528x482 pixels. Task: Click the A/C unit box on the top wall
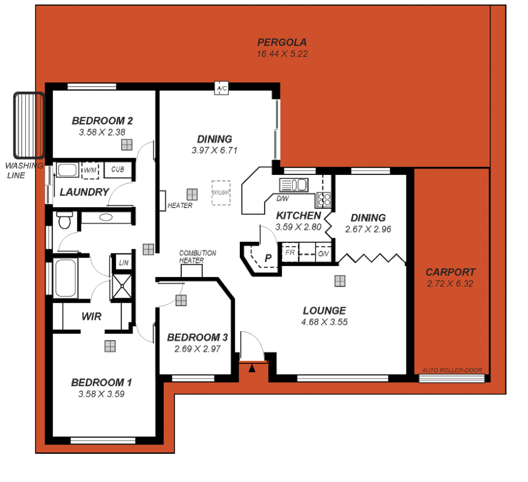[x=222, y=88]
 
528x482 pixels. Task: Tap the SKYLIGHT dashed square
[x=221, y=193]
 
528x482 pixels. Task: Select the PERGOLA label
[x=282, y=42]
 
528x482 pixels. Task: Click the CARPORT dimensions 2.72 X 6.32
[x=450, y=284]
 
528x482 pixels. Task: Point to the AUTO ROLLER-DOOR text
[x=452, y=370]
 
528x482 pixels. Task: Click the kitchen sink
[x=293, y=184]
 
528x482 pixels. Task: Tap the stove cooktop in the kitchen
[x=324, y=199]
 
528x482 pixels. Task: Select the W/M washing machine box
[x=90, y=170]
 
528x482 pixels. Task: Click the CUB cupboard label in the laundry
[x=118, y=170]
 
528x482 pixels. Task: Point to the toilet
[x=65, y=220]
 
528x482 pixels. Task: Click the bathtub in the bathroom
[x=65, y=278]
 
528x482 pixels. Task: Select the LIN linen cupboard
[x=124, y=263]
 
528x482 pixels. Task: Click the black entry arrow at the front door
[x=252, y=368]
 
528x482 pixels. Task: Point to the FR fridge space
[x=290, y=253]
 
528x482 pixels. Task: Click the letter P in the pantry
[x=268, y=258]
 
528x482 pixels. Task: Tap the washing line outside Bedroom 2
[x=29, y=125]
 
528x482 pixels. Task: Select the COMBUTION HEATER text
[x=197, y=257]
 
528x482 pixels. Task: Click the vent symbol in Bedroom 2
[x=127, y=145]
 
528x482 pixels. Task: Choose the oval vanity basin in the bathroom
[x=106, y=217]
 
